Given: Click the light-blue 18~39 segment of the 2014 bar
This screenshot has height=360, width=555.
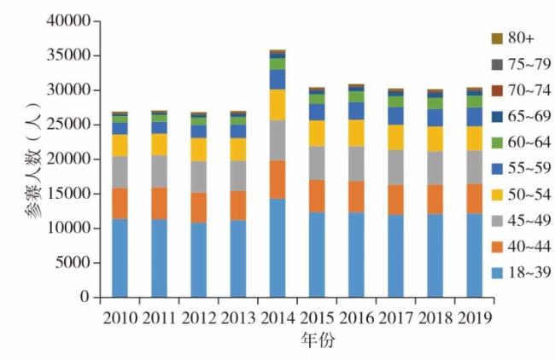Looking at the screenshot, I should [277, 247].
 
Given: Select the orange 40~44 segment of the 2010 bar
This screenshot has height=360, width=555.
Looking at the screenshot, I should [120, 203].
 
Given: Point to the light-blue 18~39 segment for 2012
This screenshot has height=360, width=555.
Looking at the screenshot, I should [198, 259].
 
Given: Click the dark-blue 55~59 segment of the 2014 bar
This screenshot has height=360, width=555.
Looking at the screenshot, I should [277, 79].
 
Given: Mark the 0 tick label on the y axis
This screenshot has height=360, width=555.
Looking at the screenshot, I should [86, 298].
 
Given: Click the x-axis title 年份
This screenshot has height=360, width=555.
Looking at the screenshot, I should [317, 340].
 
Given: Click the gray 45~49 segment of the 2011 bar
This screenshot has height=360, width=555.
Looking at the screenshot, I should [159, 171].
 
